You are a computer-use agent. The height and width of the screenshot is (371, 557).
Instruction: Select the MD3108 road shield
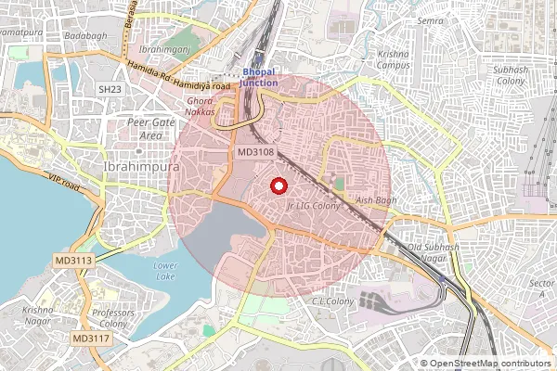coord(255,152)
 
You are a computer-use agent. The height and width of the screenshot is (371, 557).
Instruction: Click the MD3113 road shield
coord(74,261)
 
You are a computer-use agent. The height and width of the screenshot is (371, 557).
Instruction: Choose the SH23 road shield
coord(110,88)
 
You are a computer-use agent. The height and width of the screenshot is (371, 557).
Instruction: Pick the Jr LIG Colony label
coord(315,205)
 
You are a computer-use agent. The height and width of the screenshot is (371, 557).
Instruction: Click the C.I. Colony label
coord(333,301)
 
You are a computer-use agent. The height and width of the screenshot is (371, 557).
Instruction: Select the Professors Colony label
coord(113,319)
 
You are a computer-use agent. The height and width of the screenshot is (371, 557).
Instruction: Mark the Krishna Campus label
coord(394,60)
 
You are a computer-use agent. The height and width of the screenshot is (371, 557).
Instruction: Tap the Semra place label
coord(430,20)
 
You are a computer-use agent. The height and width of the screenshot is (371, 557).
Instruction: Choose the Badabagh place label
coord(86,36)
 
